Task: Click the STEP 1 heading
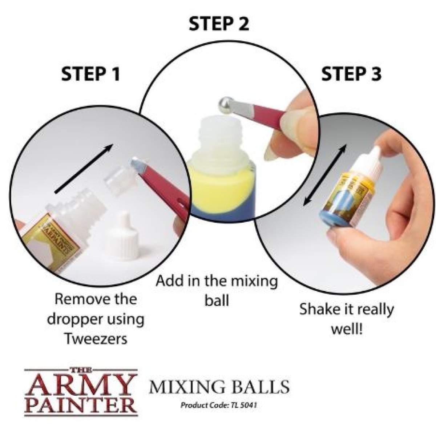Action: [90, 74]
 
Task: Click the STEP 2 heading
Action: [219, 24]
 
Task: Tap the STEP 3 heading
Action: [351, 74]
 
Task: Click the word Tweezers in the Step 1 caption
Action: [96, 339]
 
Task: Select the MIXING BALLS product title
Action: [219, 387]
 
